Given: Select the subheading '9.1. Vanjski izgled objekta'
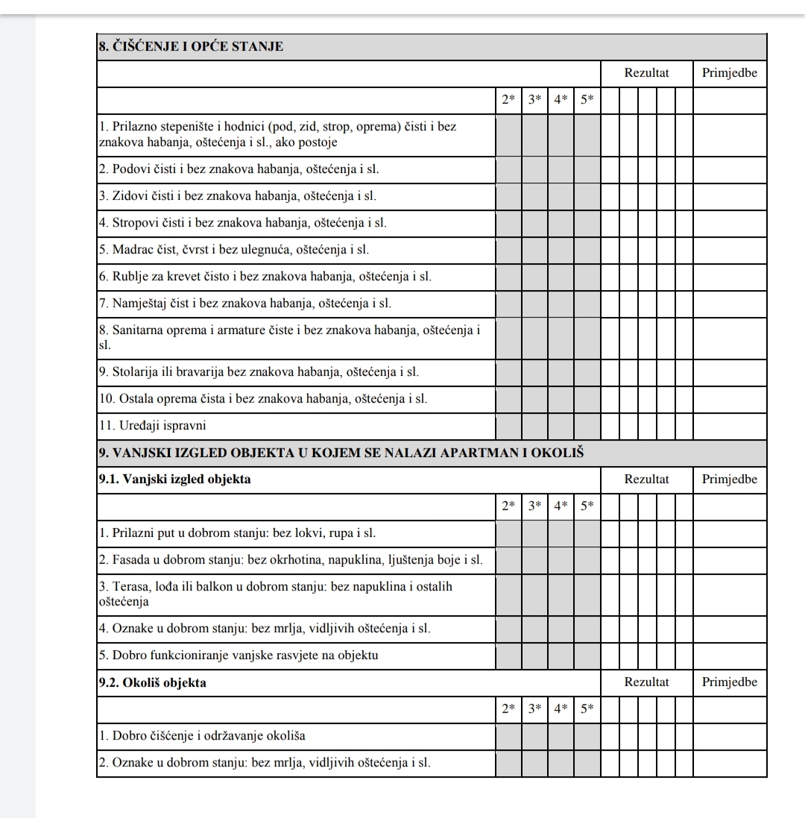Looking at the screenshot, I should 174,479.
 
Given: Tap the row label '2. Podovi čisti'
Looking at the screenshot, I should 239,169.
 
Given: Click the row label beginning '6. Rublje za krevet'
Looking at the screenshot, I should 265,277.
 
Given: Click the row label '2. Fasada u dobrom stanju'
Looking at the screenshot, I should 291,560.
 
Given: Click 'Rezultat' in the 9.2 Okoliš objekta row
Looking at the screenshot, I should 646,682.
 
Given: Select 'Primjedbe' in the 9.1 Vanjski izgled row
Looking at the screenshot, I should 730,479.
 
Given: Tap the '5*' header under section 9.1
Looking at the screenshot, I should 587,506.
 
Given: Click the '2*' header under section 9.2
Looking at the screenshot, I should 508,708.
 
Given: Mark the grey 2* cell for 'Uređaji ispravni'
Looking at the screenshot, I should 508,426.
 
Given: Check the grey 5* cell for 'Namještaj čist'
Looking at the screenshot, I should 587,303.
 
